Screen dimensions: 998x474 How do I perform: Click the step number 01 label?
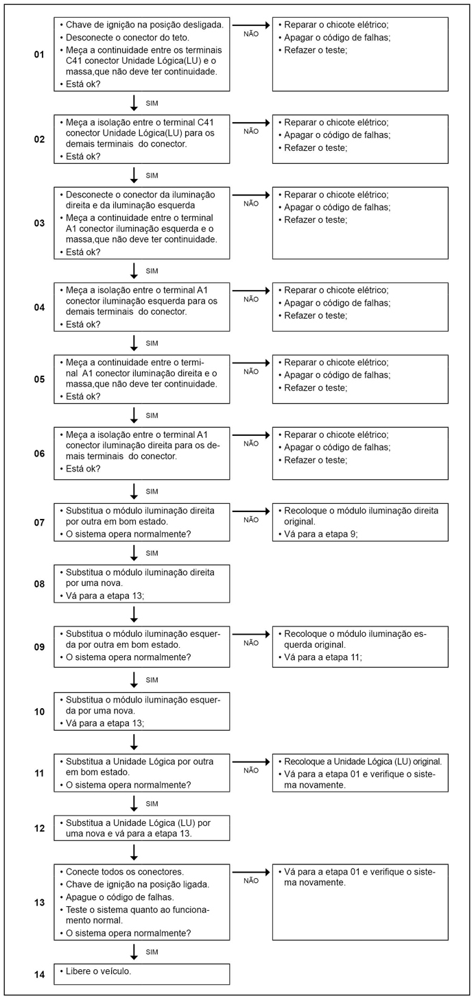39,53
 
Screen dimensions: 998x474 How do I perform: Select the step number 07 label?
39,522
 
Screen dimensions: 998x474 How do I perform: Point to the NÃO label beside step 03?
251,204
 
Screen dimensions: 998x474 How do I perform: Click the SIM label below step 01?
152,103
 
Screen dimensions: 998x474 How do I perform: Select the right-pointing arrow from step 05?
252,363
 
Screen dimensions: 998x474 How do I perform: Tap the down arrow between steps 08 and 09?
134,613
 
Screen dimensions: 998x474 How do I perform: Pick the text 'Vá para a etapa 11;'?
320,657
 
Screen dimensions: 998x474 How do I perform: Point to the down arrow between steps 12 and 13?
134,852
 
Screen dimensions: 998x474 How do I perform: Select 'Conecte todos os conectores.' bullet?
125,872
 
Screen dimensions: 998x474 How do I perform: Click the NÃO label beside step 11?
251,770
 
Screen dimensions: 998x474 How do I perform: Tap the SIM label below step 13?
152,951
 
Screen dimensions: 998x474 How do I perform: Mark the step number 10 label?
39,711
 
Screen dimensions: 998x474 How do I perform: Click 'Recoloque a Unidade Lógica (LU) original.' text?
360,762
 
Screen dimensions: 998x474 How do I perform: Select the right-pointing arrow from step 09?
252,634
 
